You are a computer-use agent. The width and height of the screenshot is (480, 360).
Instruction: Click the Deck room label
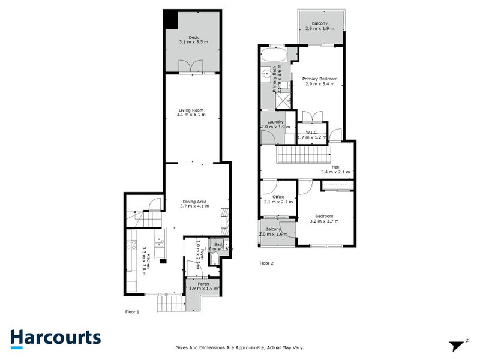pos(193,40)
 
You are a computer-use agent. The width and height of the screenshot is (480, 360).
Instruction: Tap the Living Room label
pos(192,112)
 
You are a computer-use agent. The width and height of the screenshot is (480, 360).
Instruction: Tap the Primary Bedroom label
pos(319,81)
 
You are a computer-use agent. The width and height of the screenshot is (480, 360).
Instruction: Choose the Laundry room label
pos(275,125)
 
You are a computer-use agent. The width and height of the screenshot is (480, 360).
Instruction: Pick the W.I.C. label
pos(311,134)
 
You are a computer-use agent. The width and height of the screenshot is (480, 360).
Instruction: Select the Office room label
pos(278,199)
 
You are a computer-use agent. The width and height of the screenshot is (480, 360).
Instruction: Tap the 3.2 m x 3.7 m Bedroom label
pos(324,218)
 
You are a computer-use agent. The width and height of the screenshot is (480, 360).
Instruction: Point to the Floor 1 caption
pos(132,312)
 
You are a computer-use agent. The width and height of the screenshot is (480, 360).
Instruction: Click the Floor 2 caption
pos(266,263)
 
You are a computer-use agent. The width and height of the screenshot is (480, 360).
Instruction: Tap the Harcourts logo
pos(55,338)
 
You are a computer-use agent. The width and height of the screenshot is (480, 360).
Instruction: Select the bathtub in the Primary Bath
pos(274,57)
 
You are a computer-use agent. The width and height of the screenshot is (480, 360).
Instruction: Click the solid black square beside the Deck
pos(171,19)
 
